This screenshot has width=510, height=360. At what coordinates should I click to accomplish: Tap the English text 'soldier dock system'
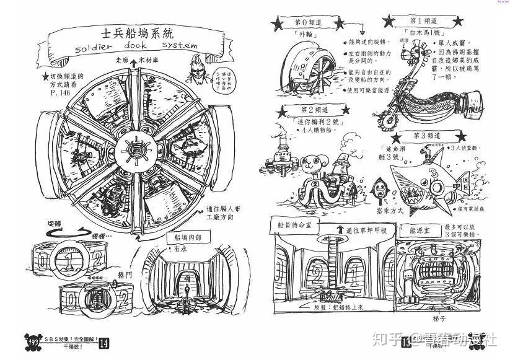pyautogui.click(x=127, y=47)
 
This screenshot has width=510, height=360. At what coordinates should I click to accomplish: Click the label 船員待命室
pyautogui.click(x=291, y=226)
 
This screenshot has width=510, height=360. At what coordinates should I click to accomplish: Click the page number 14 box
pyautogui.click(x=103, y=342)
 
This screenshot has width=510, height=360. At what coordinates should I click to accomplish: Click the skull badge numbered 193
pyautogui.click(x=33, y=341)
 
